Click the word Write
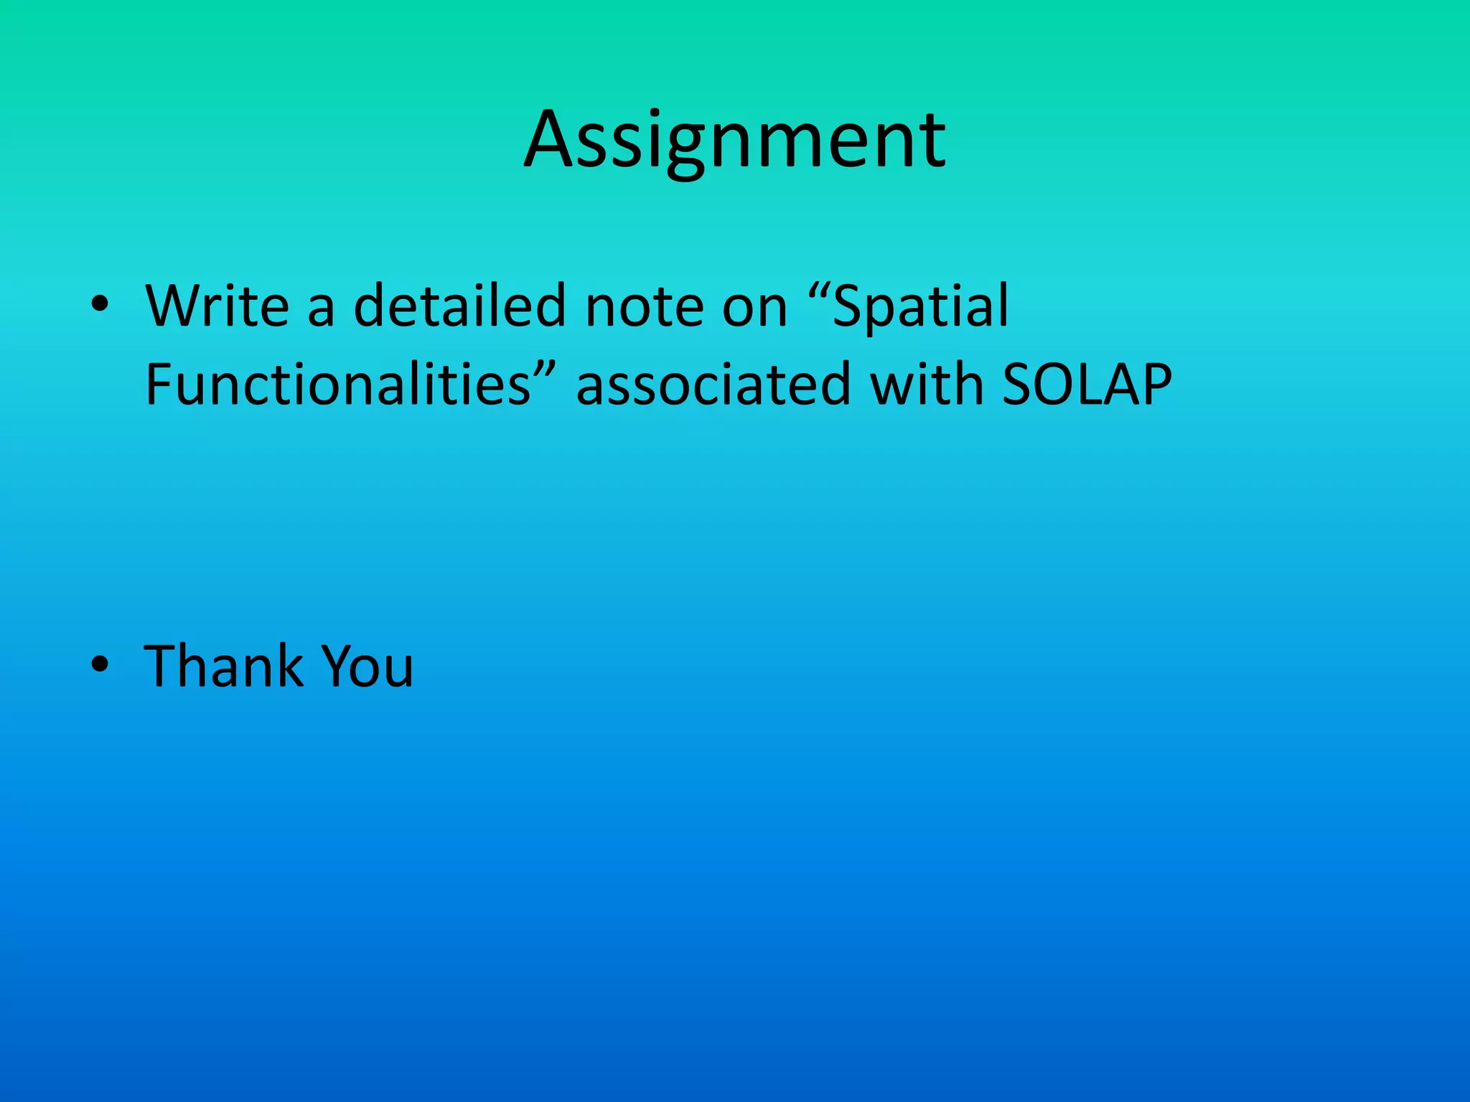(x=217, y=306)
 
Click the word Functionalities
(x=338, y=384)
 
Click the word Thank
(x=224, y=666)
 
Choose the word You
(x=367, y=666)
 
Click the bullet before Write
(x=100, y=306)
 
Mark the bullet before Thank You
(x=100, y=666)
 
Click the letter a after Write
(x=321, y=310)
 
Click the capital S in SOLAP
(x=1019, y=384)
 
